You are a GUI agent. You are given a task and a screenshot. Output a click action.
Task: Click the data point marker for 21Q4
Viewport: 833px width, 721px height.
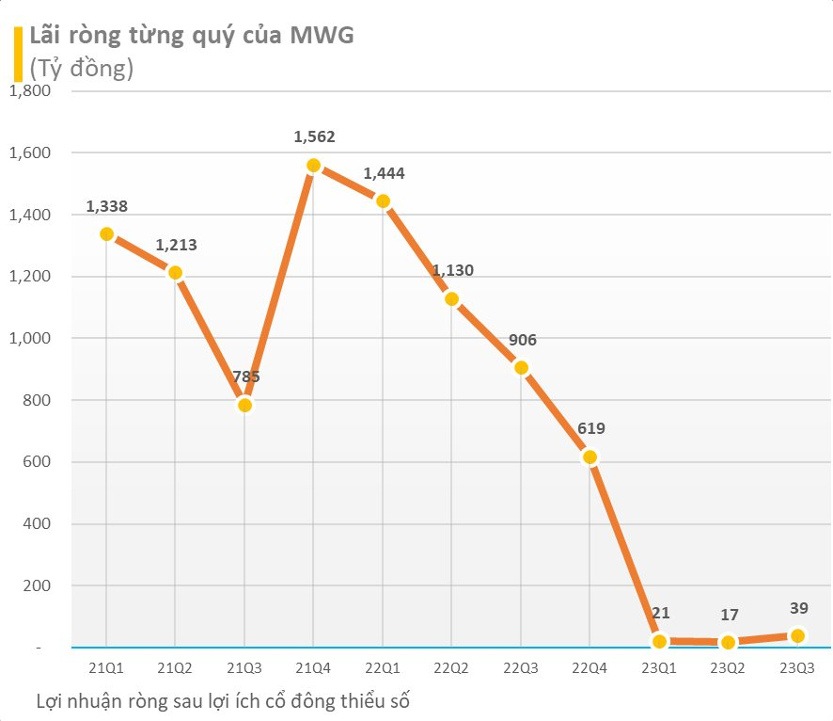coord(314,166)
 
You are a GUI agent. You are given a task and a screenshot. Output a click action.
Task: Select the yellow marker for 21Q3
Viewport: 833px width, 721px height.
coord(244,406)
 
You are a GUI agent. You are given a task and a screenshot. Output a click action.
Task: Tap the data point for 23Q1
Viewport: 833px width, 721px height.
coord(659,642)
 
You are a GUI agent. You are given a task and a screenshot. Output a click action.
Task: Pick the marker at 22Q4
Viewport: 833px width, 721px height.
coord(590,457)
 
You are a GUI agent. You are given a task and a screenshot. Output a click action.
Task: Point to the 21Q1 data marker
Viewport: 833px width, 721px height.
coord(106,234)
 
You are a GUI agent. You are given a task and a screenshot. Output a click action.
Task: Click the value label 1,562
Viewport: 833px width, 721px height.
coord(314,136)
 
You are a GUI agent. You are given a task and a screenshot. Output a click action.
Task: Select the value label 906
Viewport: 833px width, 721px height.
coord(521,340)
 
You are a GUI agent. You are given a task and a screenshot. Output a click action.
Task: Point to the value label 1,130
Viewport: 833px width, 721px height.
coord(452,270)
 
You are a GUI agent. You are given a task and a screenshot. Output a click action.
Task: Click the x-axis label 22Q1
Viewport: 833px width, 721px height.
coord(383,667)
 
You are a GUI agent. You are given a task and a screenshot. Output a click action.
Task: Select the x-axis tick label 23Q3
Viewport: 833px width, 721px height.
coord(797,667)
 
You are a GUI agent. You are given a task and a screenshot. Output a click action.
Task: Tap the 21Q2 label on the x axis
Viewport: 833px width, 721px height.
coord(176,667)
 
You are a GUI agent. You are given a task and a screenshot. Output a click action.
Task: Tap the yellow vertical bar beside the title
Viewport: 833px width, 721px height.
coord(17,53)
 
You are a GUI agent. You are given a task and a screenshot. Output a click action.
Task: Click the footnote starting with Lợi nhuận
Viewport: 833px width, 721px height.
coord(224,700)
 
